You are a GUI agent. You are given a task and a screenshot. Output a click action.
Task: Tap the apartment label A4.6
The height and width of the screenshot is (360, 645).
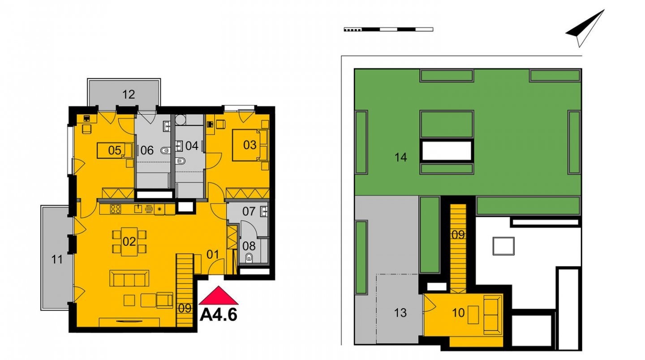coord(219,315)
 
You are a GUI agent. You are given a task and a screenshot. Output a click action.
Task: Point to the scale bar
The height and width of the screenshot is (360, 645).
coord(389,29)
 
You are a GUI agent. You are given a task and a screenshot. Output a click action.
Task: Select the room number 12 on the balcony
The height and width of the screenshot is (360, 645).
coord(129,94)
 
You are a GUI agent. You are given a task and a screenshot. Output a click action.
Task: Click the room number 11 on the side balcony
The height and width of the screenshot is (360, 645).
coord(57,260)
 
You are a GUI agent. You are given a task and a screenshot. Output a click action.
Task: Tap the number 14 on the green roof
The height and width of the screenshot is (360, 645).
coord(400,158)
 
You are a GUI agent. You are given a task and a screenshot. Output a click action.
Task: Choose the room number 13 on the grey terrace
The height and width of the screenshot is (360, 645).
coord(400,313)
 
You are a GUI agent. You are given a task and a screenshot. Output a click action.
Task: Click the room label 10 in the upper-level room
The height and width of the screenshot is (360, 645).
coord(458,313)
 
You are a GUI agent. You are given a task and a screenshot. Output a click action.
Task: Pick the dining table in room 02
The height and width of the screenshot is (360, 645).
coord(129,242)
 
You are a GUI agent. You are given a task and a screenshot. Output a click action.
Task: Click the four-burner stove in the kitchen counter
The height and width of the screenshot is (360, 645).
coord(115,209)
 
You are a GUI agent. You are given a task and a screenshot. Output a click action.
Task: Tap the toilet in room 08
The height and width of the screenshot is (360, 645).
coord(249,258)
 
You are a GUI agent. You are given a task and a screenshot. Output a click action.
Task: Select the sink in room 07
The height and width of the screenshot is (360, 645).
coord(264,211)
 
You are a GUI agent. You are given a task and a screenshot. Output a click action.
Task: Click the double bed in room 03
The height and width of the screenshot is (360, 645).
coord(250,145)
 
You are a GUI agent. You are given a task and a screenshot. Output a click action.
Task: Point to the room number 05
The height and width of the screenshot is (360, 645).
coord(114,150)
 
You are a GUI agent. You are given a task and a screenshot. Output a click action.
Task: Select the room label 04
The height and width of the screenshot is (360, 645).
coord(192,146)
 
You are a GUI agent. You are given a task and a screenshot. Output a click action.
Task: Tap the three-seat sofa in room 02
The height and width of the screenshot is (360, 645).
coord(129,278)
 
